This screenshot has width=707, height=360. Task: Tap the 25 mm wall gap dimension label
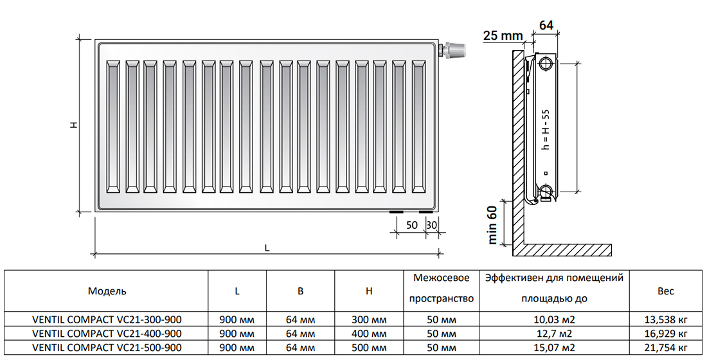coord(503,35)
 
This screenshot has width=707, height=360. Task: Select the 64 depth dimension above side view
coord(546,25)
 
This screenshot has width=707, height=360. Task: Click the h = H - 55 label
coord(546,129)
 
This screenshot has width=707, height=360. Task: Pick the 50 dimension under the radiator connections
coord(411,224)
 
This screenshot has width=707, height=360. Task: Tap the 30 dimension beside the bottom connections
coord(432,224)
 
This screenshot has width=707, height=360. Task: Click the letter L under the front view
coord(267,248)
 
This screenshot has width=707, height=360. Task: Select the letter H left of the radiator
coord(74,124)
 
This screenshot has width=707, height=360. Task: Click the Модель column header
coord(107,291)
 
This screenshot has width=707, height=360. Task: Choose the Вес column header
coord(665,291)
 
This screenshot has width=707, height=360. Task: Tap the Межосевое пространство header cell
coord(442,288)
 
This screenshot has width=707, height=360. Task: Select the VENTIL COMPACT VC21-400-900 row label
coord(107,334)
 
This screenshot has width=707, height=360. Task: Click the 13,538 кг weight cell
coord(666,320)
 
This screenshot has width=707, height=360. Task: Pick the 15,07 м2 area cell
coord(554,348)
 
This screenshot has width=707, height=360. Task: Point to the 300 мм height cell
coord(369,320)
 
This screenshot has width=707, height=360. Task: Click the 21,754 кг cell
coord(666,348)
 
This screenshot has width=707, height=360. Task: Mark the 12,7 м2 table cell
coord(554,334)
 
